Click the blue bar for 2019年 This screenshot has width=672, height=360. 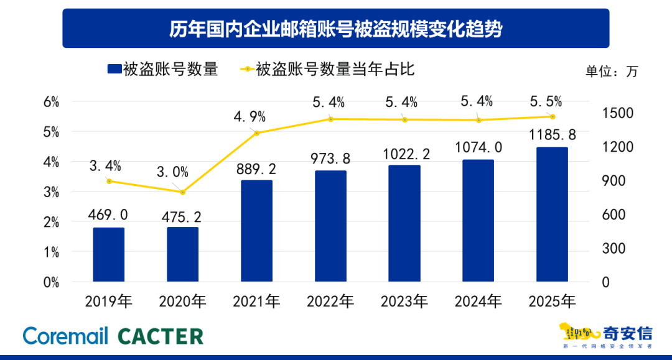109,254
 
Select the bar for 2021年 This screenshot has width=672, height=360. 256,231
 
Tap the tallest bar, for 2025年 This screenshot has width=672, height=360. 552,215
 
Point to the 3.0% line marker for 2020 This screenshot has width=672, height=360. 183,192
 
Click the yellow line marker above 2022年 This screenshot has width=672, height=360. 330,119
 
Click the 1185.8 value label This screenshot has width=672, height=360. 552,134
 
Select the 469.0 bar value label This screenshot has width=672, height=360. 109,215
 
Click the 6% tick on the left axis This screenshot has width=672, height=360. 51,102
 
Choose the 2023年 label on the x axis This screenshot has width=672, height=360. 404,302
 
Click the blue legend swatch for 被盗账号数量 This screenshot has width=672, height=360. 113,69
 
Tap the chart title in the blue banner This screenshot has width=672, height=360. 335,29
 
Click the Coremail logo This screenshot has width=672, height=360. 65,336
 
